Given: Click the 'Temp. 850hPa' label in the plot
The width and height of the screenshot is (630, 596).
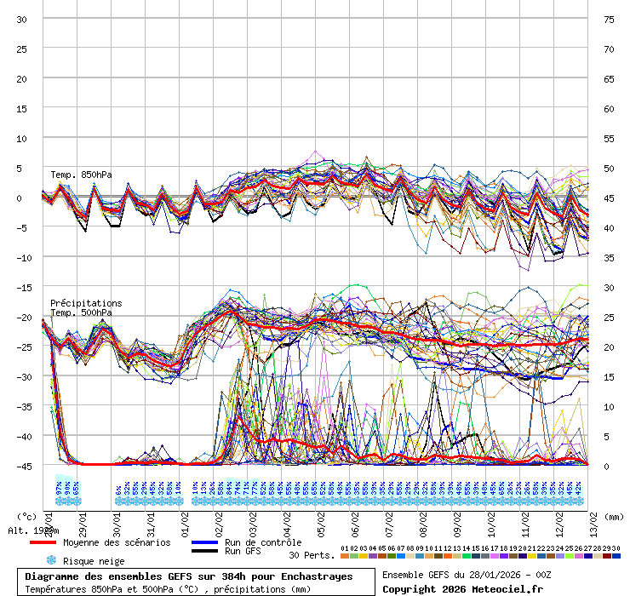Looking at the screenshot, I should pos(81,175).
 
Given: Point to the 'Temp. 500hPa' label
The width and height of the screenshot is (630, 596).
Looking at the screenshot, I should pos(81,312).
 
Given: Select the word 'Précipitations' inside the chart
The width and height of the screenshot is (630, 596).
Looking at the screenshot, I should pos(85,303).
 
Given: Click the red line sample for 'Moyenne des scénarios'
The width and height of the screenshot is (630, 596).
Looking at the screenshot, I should pos(43,542).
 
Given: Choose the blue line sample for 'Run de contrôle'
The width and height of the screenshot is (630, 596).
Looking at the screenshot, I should pos(204,542).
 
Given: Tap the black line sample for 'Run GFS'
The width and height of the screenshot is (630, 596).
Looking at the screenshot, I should pos(204,552).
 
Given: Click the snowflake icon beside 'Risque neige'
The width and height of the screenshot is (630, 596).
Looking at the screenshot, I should pos(50,560).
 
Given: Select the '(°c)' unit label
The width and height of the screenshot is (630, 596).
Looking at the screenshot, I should pos(26,516).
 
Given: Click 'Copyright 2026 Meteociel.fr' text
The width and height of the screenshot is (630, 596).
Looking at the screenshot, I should pos(462,588).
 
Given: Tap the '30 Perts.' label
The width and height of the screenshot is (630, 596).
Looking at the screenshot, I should pos(311,555).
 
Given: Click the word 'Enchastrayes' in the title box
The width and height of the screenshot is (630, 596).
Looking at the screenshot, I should pos(319,576).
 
